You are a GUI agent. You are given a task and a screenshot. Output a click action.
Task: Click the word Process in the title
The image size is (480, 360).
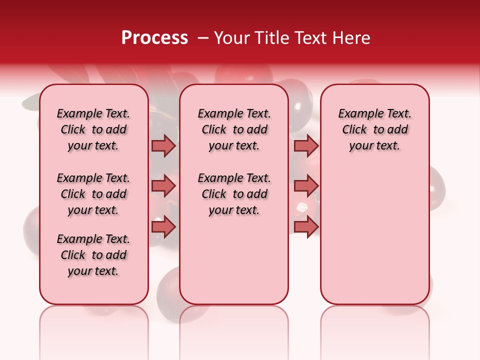click(x=154, y=38)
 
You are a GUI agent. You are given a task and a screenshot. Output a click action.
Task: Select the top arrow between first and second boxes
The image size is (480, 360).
click(x=163, y=145)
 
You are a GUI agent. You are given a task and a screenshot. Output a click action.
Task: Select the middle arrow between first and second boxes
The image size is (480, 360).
click(x=163, y=186)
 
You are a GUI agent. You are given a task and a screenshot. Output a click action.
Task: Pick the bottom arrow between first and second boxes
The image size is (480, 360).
click(x=163, y=227)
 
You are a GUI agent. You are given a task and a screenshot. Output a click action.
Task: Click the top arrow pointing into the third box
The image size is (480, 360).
click(x=306, y=145)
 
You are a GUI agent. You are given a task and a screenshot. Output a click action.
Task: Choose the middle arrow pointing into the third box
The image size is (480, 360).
click(x=306, y=186)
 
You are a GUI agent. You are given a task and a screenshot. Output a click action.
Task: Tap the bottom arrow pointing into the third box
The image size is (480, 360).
click(x=306, y=227)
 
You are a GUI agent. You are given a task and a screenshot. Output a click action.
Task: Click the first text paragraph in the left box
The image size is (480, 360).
click(x=93, y=129)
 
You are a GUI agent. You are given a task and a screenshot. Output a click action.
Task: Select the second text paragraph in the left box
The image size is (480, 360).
click(x=93, y=194)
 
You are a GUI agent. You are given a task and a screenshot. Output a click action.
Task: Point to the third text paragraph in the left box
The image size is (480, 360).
click(x=93, y=255)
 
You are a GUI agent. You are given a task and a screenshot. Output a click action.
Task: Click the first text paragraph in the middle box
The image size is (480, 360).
click(x=234, y=129)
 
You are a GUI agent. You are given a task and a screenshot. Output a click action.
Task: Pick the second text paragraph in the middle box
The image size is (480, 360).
click(x=234, y=194)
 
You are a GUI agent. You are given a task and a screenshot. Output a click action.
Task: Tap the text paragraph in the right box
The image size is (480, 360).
click(x=374, y=129)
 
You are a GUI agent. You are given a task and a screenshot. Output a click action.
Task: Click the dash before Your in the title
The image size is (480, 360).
click(x=202, y=38)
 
